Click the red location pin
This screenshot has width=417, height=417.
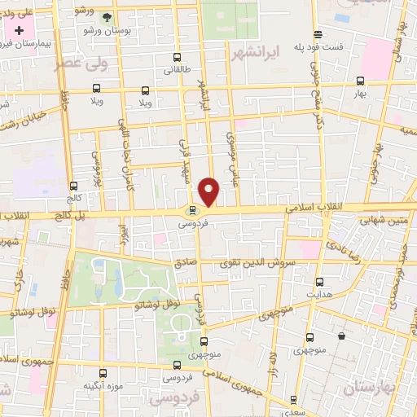(210, 191)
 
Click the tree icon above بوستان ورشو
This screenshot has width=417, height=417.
(107, 16)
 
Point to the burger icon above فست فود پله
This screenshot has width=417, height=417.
(317, 33)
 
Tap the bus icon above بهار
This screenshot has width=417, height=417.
(360, 81)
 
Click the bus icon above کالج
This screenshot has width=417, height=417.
(74, 186)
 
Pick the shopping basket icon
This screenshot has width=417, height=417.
(340, 335)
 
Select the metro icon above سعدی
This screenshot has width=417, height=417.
(293, 399)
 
